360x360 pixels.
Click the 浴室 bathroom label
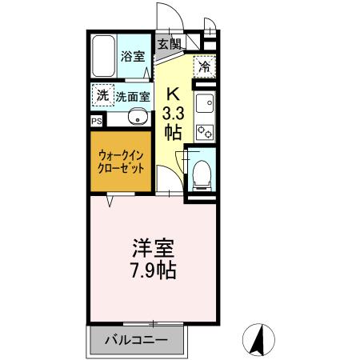click(132, 56)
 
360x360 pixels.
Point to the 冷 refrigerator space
click(205, 66)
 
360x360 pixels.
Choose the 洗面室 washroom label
click(132, 97)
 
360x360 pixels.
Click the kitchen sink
click(205, 102)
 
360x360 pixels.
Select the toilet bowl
click(203, 170)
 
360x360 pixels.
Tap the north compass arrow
click(258, 339)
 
